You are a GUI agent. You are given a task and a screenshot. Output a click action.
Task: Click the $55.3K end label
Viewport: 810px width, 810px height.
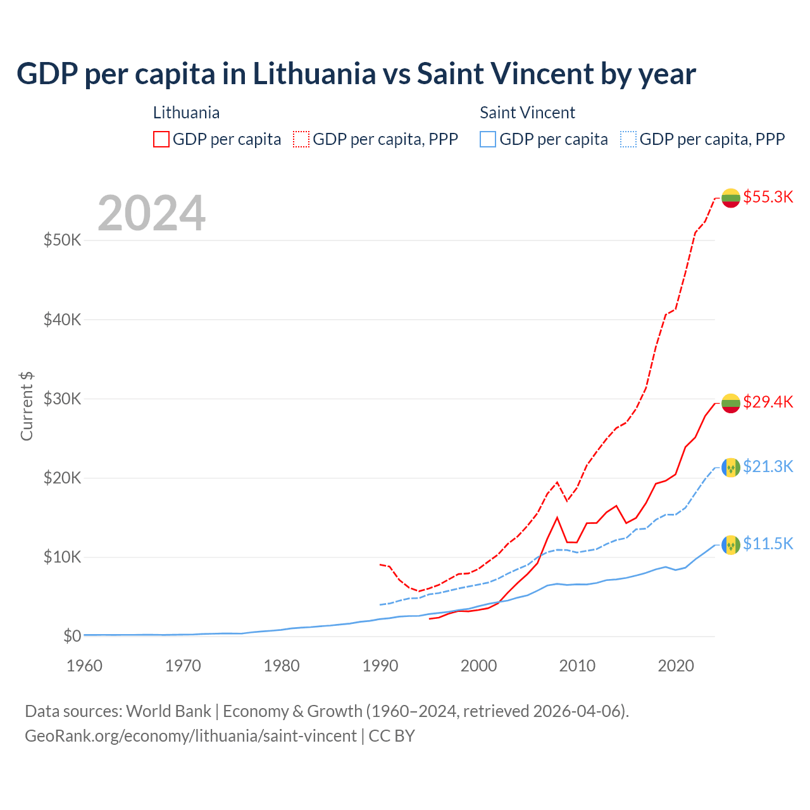pos(768,197)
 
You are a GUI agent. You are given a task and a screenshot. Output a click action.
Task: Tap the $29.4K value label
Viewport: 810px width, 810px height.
pos(768,402)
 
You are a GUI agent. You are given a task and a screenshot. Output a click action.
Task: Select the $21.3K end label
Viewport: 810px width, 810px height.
pos(768,466)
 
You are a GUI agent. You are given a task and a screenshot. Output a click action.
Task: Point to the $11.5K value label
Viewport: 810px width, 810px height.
pos(768,544)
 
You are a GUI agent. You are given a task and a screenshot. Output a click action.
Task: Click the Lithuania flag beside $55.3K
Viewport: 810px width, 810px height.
pos(731,198)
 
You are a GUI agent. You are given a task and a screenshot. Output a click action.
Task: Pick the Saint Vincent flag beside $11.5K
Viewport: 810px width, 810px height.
pos(731,545)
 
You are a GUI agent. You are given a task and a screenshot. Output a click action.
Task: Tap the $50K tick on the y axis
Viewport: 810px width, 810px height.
pos(62,240)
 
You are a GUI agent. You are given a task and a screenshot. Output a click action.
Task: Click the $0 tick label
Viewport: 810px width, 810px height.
pos(72,636)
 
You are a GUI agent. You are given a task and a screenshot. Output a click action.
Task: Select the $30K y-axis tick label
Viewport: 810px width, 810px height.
pos(62,399)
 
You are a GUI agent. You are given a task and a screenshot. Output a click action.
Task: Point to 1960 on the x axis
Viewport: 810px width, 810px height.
pos(84,666)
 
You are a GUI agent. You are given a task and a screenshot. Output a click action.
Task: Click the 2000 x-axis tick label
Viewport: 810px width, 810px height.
pos(479,666)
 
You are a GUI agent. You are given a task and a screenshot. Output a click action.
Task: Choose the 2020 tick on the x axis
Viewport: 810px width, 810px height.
pos(676,666)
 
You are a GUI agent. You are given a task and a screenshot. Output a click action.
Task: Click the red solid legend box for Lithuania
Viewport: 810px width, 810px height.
pos(161,139)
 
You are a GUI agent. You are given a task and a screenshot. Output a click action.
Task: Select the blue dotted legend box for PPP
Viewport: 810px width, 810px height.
pos(628,139)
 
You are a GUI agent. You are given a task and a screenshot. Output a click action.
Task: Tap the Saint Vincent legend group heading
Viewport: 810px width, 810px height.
pos(527,113)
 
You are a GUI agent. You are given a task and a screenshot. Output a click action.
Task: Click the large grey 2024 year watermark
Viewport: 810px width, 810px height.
pos(152,213)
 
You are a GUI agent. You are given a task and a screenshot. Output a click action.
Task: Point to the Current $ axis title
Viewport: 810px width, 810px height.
pos(27,406)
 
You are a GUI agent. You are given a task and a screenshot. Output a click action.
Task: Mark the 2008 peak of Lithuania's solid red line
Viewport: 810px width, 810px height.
pos(557,518)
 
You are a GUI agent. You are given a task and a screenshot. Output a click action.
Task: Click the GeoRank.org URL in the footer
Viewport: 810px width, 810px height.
pos(190,736)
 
